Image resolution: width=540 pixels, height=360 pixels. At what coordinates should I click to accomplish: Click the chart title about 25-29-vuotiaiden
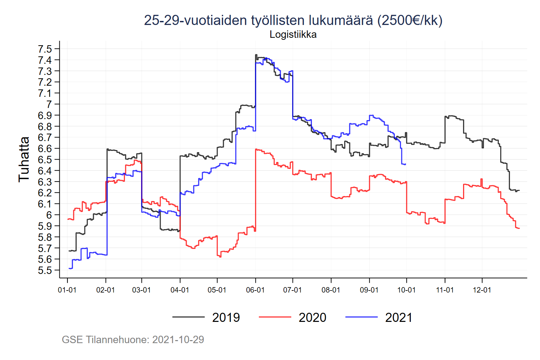coord(293,21)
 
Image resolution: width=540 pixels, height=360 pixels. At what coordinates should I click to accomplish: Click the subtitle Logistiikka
coord(293,34)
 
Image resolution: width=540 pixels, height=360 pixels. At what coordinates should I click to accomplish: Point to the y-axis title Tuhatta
coord(24,159)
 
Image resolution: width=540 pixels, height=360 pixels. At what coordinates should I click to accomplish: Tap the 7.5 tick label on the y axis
coord(45,49)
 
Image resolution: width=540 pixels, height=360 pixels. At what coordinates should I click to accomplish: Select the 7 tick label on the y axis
coord(49,104)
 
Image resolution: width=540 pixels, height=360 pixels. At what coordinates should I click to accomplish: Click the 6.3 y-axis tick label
coord(45,182)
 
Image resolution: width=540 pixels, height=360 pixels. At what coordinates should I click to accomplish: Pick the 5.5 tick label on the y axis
coord(45,271)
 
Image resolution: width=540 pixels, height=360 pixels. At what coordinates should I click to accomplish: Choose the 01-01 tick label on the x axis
coord(67,290)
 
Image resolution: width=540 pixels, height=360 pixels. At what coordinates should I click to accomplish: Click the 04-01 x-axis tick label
coord(180,290)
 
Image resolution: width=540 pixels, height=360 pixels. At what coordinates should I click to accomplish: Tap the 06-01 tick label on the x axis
coord(255,290)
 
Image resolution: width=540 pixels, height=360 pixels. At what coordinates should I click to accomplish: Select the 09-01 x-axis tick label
coord(369,290)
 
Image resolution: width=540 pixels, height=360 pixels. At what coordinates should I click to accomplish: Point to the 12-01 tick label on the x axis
coord(482,290)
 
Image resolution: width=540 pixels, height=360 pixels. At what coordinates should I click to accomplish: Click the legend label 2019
coord(226,317)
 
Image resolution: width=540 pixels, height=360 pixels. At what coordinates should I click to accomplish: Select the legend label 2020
coord(312,317)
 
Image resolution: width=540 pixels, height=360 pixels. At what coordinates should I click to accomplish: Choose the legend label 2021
coord(399,317)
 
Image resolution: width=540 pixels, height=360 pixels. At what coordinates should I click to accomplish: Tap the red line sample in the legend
coord(275,317)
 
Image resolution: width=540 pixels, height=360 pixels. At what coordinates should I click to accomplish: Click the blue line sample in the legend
coord(361,317)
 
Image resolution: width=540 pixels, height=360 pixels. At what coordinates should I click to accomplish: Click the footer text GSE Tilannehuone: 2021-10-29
coord(133,339)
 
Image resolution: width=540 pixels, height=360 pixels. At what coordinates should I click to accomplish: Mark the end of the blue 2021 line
coord(405,164)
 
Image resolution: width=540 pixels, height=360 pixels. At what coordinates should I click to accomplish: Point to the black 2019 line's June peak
coord(256,55)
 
